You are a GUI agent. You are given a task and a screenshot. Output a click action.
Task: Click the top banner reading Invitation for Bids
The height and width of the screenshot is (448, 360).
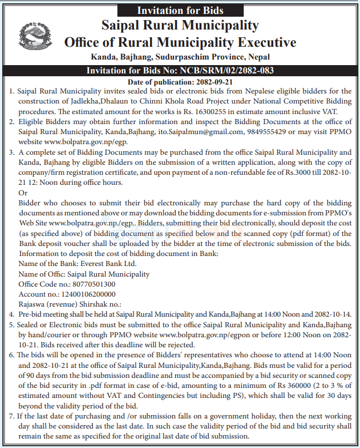[x=180, y=10]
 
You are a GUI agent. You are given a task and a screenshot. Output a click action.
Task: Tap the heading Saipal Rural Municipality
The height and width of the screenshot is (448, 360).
[x=180, y=26]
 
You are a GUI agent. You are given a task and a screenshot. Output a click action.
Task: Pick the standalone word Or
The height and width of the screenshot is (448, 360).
[x=23, y=192]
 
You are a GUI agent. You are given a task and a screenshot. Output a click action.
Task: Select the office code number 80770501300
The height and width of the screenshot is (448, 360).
[x=90, y=284]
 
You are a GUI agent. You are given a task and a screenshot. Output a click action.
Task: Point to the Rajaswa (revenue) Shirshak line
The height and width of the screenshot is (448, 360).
[x=70, y=304]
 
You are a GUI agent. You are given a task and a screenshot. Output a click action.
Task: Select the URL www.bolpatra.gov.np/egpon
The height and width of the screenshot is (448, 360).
[x=199, y=334]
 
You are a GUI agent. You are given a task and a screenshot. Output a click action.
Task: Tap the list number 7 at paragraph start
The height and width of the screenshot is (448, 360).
[x=12, y=416]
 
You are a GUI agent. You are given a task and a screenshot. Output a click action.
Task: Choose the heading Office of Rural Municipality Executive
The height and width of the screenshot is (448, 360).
[x=180, y=43]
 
